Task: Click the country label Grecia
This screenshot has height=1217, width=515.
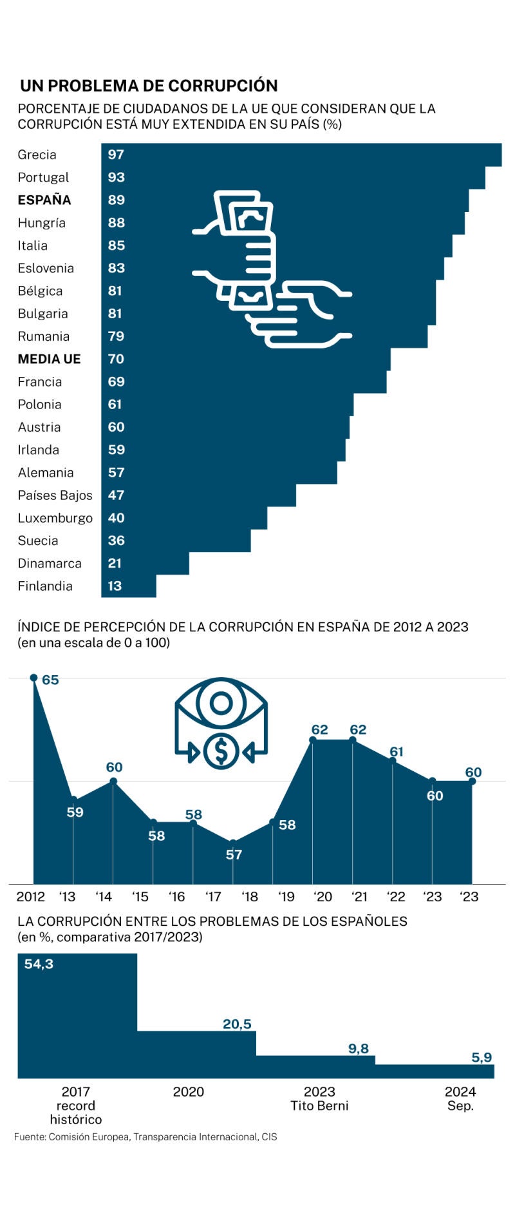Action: tap(37, 155)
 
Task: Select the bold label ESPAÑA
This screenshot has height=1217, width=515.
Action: tap(44, 200)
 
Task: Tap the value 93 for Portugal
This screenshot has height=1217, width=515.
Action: tap(116, 177)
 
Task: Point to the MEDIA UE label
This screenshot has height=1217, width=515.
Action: tap(49, 359)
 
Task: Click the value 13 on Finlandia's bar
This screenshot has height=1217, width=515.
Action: tap(115, 586)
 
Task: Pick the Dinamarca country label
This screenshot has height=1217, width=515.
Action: tap(50, 564)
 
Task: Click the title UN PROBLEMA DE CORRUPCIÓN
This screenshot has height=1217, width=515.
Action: tap(149, 86)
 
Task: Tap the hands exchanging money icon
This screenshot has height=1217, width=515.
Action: tap(271, 269)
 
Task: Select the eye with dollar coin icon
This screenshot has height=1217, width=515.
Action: tap(221, 722)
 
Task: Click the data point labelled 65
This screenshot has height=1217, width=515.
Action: tap(33, 678)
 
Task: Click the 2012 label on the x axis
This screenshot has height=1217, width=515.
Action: tap(30, 897)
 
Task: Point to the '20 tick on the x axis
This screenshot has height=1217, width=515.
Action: tap(323, 897)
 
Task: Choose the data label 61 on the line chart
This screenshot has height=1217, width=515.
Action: tap(397, 752)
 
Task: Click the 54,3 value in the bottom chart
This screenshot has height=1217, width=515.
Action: tap(39, 964)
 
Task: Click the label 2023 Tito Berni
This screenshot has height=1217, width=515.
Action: tap(319, 1098)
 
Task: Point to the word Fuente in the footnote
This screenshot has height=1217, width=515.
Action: tap(29, 1137)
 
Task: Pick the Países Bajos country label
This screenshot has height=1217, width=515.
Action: tap(55, 495)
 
